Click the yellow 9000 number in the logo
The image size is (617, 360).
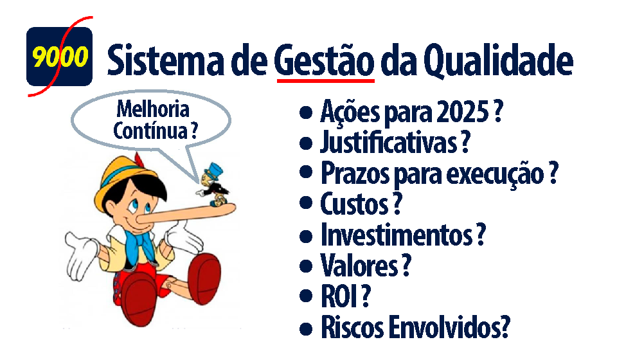click(x=60, y=57)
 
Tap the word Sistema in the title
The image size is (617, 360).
click(x=166, y=60)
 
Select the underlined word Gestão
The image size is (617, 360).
click(x=324, y=60)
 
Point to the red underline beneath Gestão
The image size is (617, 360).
click(x=326, y=80)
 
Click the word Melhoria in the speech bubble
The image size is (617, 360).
click(x=153, y=109)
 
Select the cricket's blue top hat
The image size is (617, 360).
click(x=215, y=171)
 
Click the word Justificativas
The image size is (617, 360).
click(x=388, y=142)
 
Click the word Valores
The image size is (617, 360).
click(x=359, y=265)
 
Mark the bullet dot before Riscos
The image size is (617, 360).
click(x=306, y=328)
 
